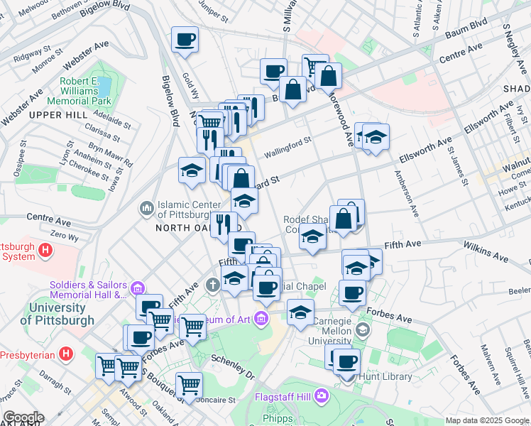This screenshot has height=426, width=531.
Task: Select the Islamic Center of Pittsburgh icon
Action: (x=147, y=207)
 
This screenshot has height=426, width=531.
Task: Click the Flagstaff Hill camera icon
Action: (x=321, y=394)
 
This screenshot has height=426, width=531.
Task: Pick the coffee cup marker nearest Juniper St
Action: (x=185, y=40)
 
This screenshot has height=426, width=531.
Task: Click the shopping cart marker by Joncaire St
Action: (x=189, y=386)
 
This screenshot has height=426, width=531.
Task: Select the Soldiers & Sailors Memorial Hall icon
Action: (x=137, y=288)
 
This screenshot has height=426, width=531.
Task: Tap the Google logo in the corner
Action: (x=23, y=417)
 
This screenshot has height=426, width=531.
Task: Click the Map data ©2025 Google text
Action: (x=487, y=420)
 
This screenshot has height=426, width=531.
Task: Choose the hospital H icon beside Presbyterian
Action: (x=67, y=353)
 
